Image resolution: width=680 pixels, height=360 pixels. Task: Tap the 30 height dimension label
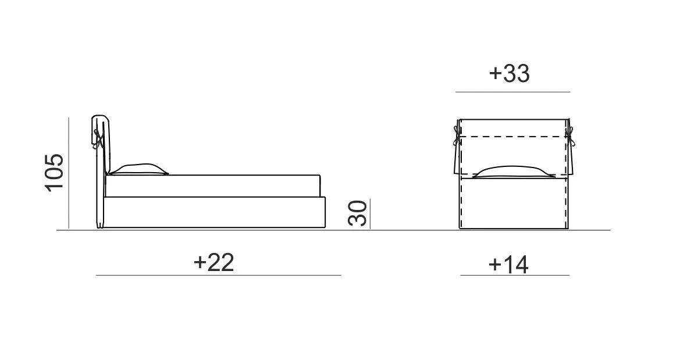358,213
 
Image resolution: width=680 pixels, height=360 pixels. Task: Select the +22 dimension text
214,262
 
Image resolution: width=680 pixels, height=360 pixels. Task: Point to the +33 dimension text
509,73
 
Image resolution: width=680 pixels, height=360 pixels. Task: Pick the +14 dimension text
508,264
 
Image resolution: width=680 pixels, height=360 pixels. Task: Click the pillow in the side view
138,170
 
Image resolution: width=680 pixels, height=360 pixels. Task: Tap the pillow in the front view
514,172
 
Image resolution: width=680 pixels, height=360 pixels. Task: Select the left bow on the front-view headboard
456,136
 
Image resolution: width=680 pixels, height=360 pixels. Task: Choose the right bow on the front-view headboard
570,136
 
